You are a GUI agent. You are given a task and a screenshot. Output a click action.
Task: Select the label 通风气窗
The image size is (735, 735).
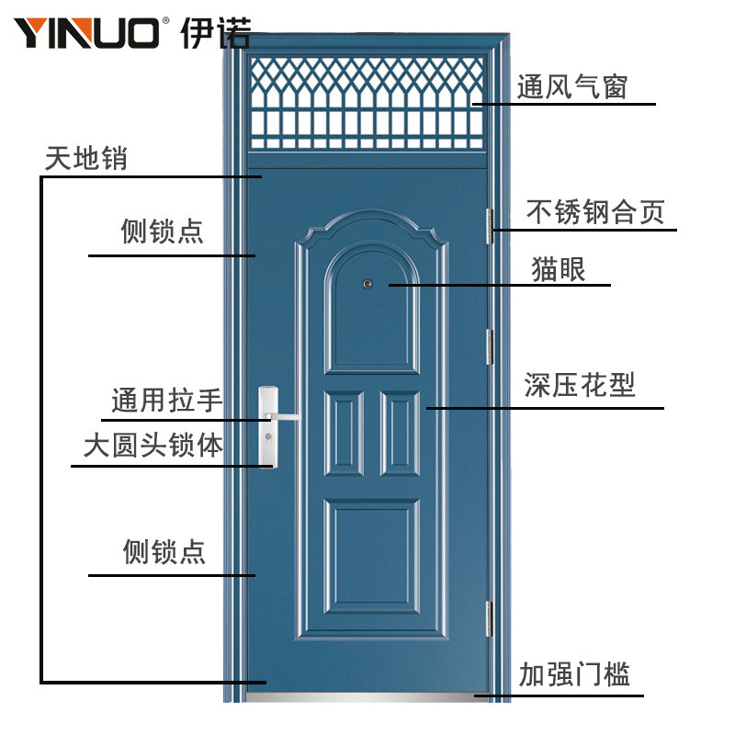(571, 87)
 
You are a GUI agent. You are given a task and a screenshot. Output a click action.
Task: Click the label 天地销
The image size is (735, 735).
(86, 158)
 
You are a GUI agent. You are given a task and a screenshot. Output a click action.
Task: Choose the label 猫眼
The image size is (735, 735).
(559, 269)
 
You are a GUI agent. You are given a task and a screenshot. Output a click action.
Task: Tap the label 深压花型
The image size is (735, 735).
(580, 384)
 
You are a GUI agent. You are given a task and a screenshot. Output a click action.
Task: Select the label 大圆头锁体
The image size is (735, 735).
(153, 447)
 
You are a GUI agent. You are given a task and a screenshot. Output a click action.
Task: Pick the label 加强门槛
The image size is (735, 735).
(574, 675)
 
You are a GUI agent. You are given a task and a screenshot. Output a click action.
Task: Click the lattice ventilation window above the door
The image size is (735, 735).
(367, 102)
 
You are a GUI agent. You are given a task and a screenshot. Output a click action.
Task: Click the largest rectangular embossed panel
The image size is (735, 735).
(372, 557)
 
